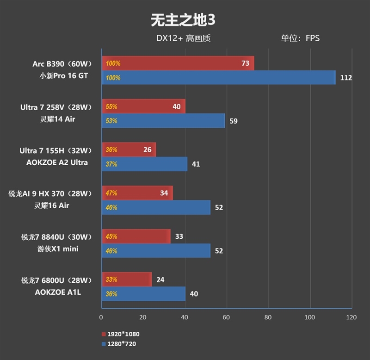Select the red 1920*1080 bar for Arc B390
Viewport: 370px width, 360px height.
(178, 63)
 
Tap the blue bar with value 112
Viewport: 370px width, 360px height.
(218, 78)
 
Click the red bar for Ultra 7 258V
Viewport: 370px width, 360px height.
(143, 106)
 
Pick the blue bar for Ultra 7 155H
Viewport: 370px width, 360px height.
(144, 164)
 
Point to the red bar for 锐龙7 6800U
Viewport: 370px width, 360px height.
(126, 279)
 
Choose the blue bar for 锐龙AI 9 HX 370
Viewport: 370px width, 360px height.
(156, 208)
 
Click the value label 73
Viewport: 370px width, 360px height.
(245, 63)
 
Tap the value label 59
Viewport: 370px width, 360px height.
(234, 121)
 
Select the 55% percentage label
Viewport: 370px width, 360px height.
(111, 106)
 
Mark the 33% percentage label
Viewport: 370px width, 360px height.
(111, 279)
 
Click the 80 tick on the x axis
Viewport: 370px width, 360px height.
(268, 317)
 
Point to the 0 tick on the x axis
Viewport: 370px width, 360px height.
(101, 317)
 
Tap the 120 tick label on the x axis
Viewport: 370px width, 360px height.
(351, 317)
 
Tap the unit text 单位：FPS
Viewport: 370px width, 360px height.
(300, 38)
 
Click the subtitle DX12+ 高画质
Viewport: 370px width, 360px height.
(183, 38)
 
